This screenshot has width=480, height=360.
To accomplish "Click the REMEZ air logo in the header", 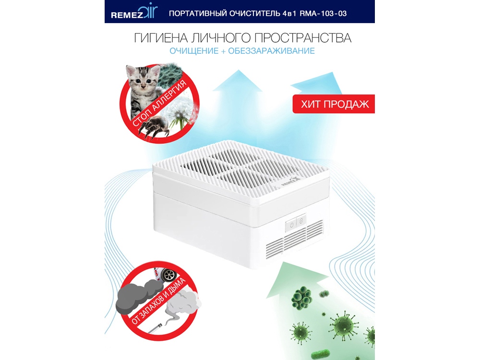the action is coord(134,12).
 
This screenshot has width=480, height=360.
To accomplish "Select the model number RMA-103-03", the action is coord(323,13).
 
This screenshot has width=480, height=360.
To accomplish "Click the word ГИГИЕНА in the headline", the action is coord(161,38).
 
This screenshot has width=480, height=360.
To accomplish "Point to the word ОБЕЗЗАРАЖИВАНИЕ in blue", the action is coord(271,51).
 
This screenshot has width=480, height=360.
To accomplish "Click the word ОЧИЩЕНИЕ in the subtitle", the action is coord(194,51).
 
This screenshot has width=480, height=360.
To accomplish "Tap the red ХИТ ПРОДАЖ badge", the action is coord(334,104).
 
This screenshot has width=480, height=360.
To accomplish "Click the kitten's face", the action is coord(143,79).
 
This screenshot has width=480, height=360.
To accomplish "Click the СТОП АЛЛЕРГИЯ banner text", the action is coord(159,103).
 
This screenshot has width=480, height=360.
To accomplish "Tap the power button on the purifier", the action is coord(291,225).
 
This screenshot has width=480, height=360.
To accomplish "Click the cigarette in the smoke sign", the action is coord(157,328).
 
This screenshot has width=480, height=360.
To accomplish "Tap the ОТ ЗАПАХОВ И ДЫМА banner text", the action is coord(158,301).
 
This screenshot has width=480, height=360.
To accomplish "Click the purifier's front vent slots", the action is coord(294,242).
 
